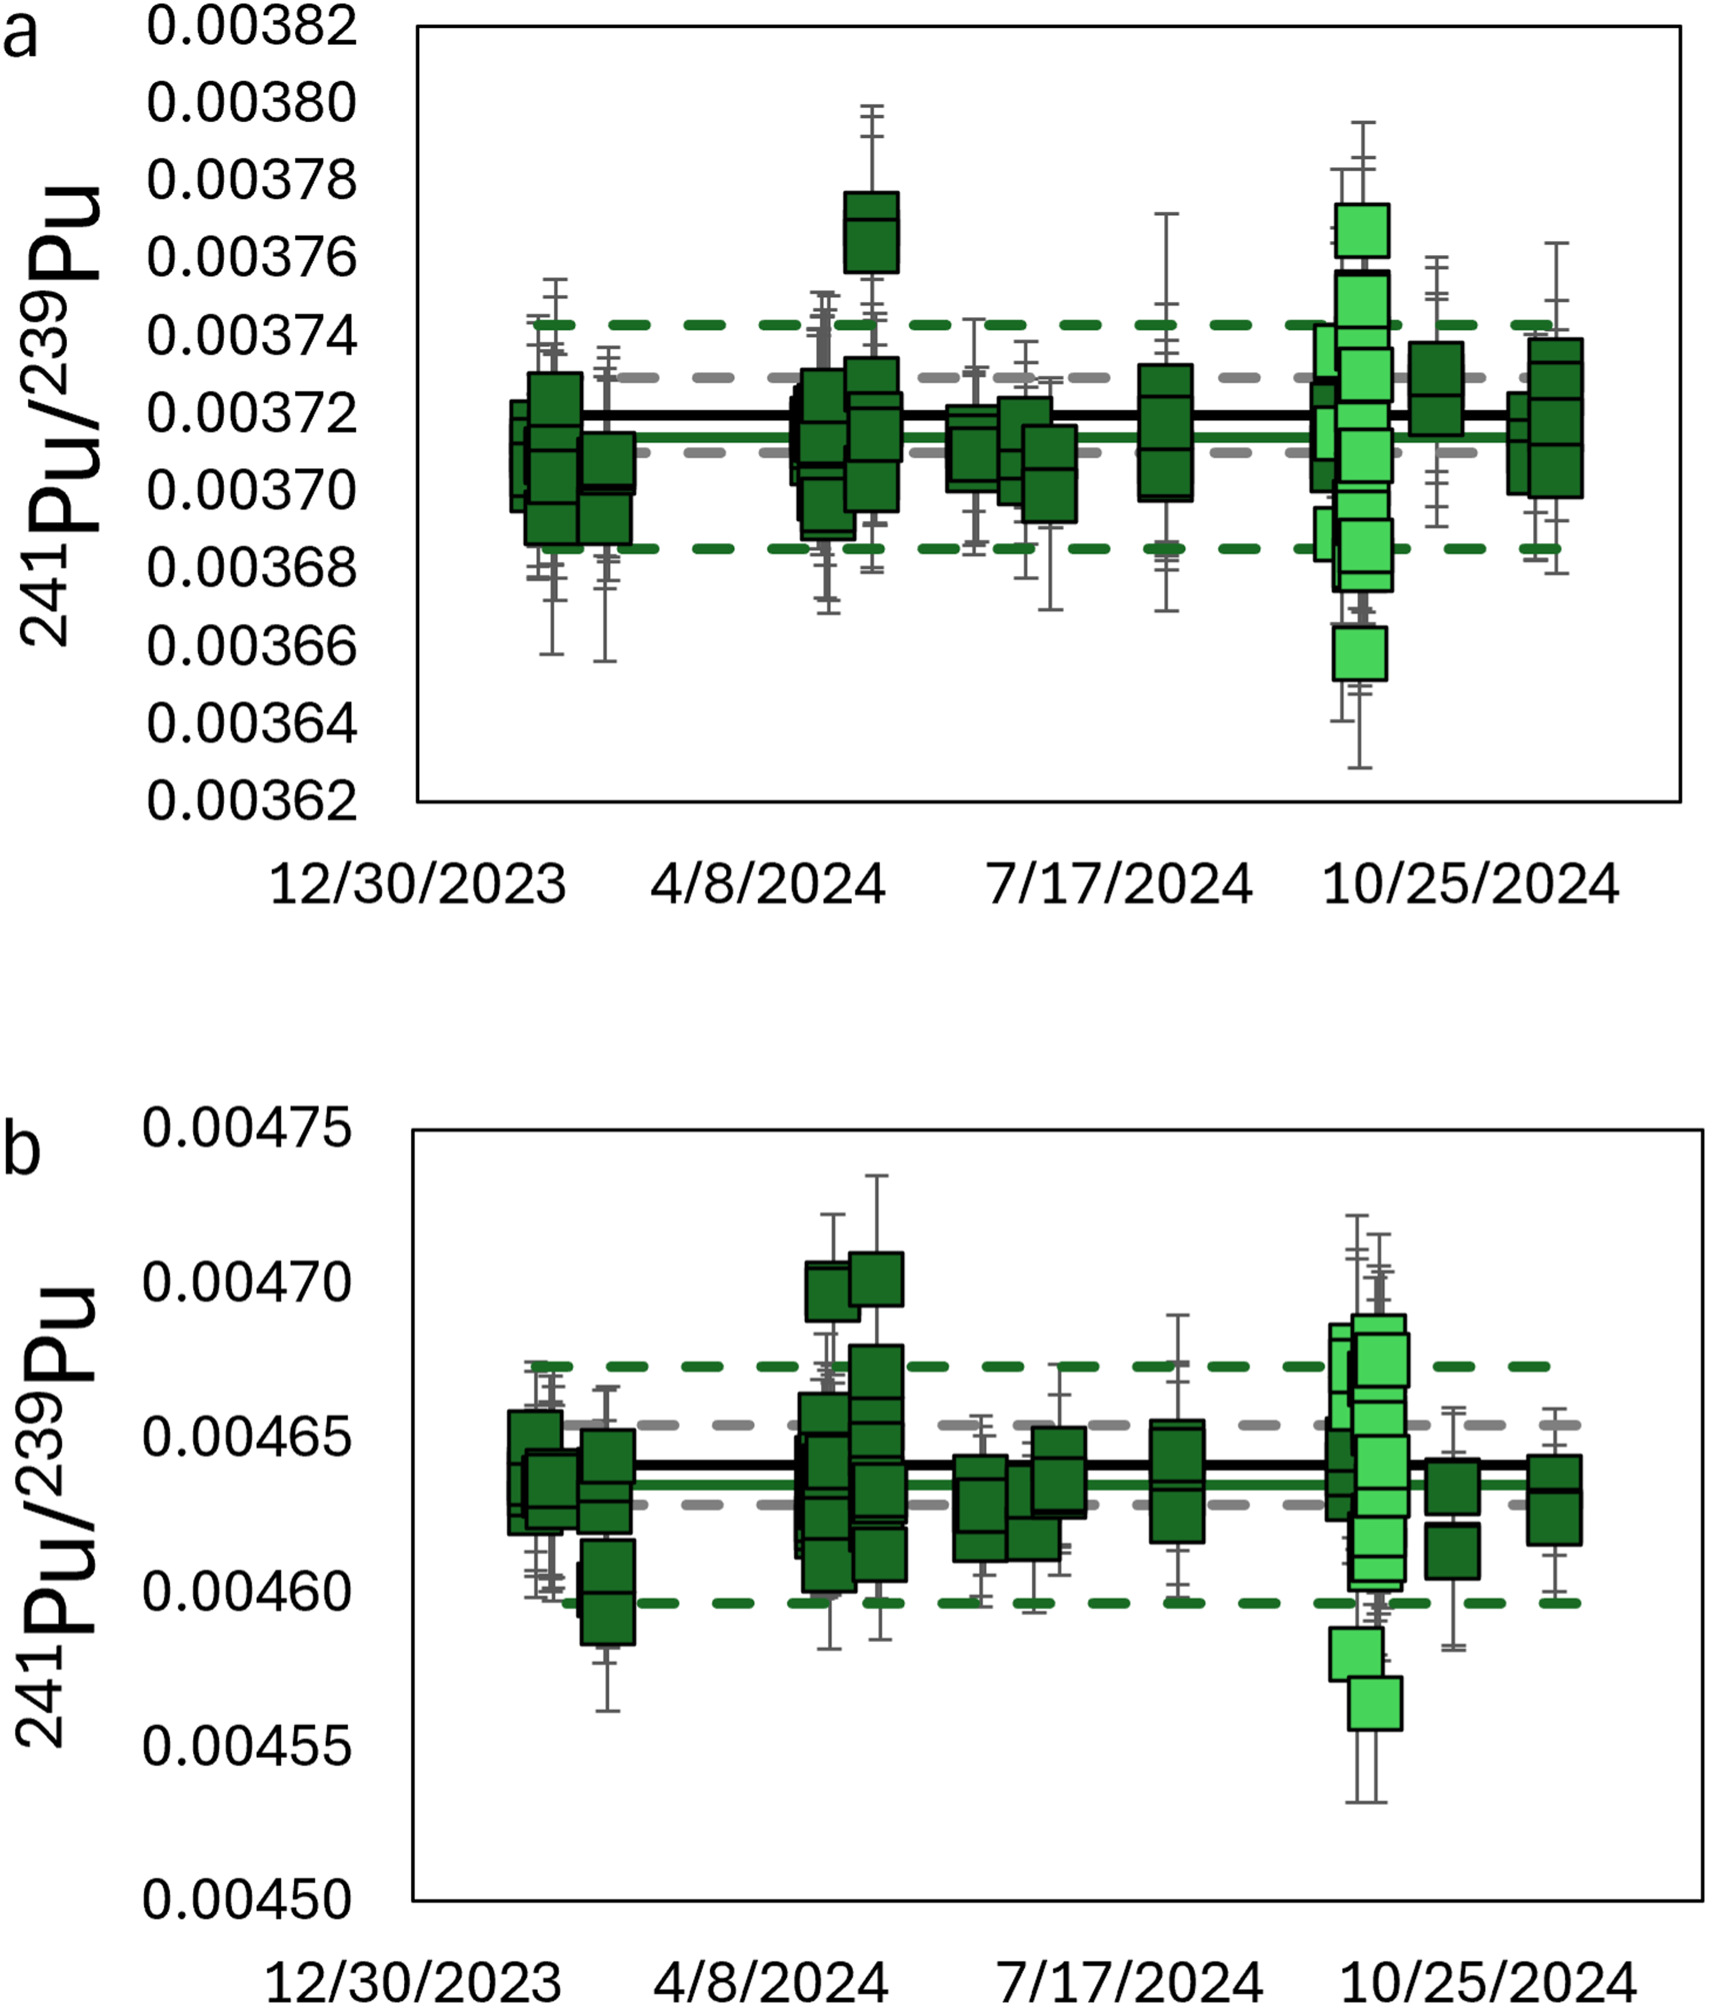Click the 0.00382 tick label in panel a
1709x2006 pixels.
pyautogui.click(x=252, y=25)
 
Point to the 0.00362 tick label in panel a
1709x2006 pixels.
pyautogui.click(x=252, y=802)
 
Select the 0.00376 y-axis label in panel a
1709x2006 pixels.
pyautogui.click(x=252, y=258)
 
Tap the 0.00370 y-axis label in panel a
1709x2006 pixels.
pyautogui.click(x=252, y=491)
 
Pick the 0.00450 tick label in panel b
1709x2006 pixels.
pyautogui.click(x=247, y=1900)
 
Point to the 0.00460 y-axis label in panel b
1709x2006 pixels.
pyautogui.click(x=247, y=1592)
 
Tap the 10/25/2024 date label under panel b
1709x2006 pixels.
pyautogui.click(x=1488, y=1983)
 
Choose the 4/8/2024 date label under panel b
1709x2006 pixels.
pyautogui.click(x=771, y=1983)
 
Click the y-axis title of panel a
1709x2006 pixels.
pyautogui.click(x=60, y=416)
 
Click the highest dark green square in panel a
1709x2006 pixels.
pyautogui.click(x=872, y=232)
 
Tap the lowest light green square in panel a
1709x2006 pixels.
pyautogui.click(x=1360, y=654)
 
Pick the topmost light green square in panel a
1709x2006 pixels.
pyautogui.click(x=1362, y=230)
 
